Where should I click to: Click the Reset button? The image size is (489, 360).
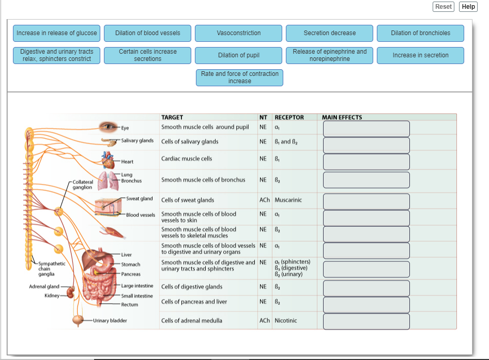tap(443, 7)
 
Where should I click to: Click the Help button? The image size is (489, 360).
tap(468, 7)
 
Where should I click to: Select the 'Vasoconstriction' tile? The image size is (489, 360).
tap(239, 33)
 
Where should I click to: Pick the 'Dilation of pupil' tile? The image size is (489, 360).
tap(239, 55)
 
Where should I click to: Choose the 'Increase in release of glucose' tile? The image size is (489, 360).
tap(57, 33)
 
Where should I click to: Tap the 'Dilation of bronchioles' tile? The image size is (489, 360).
tap(420, 33)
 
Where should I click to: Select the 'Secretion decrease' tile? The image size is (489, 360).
tap(329, 33)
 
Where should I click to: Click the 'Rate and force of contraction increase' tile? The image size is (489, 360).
tap(239, 77)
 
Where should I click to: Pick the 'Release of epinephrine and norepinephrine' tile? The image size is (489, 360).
tap(329, 55)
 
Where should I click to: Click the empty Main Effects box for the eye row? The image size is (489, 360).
tap(366, 129)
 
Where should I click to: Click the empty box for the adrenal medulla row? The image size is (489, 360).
tap(366, 321)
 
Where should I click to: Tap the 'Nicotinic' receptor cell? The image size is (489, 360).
tap(286, 321)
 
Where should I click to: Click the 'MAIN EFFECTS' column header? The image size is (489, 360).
tap(342, 117)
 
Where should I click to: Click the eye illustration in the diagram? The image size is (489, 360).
tap(109, 126)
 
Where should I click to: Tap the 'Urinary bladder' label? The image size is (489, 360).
tap(110, 321)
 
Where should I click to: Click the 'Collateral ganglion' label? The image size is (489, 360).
tap(83, 185)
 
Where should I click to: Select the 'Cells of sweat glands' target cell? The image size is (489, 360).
tap(188, 200)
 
